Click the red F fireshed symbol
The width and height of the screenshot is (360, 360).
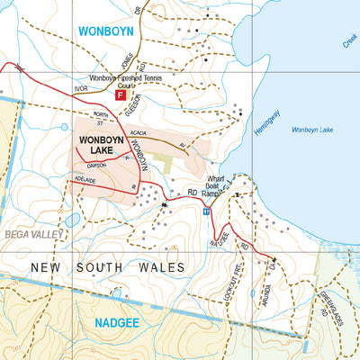pyautogui.click(x=120, y=94)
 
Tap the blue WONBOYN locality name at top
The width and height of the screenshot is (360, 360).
pyautogui.click(x=106, y=30)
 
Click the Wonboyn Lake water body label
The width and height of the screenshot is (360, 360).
pyautogui.click(x=314, y=131)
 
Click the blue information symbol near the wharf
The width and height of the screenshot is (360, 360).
pyautogui.click(x=206, y=212)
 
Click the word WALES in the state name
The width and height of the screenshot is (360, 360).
pyautogui.click(x=158, y=267)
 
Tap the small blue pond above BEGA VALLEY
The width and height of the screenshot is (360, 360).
pyautogui.click(x=72, y=220)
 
